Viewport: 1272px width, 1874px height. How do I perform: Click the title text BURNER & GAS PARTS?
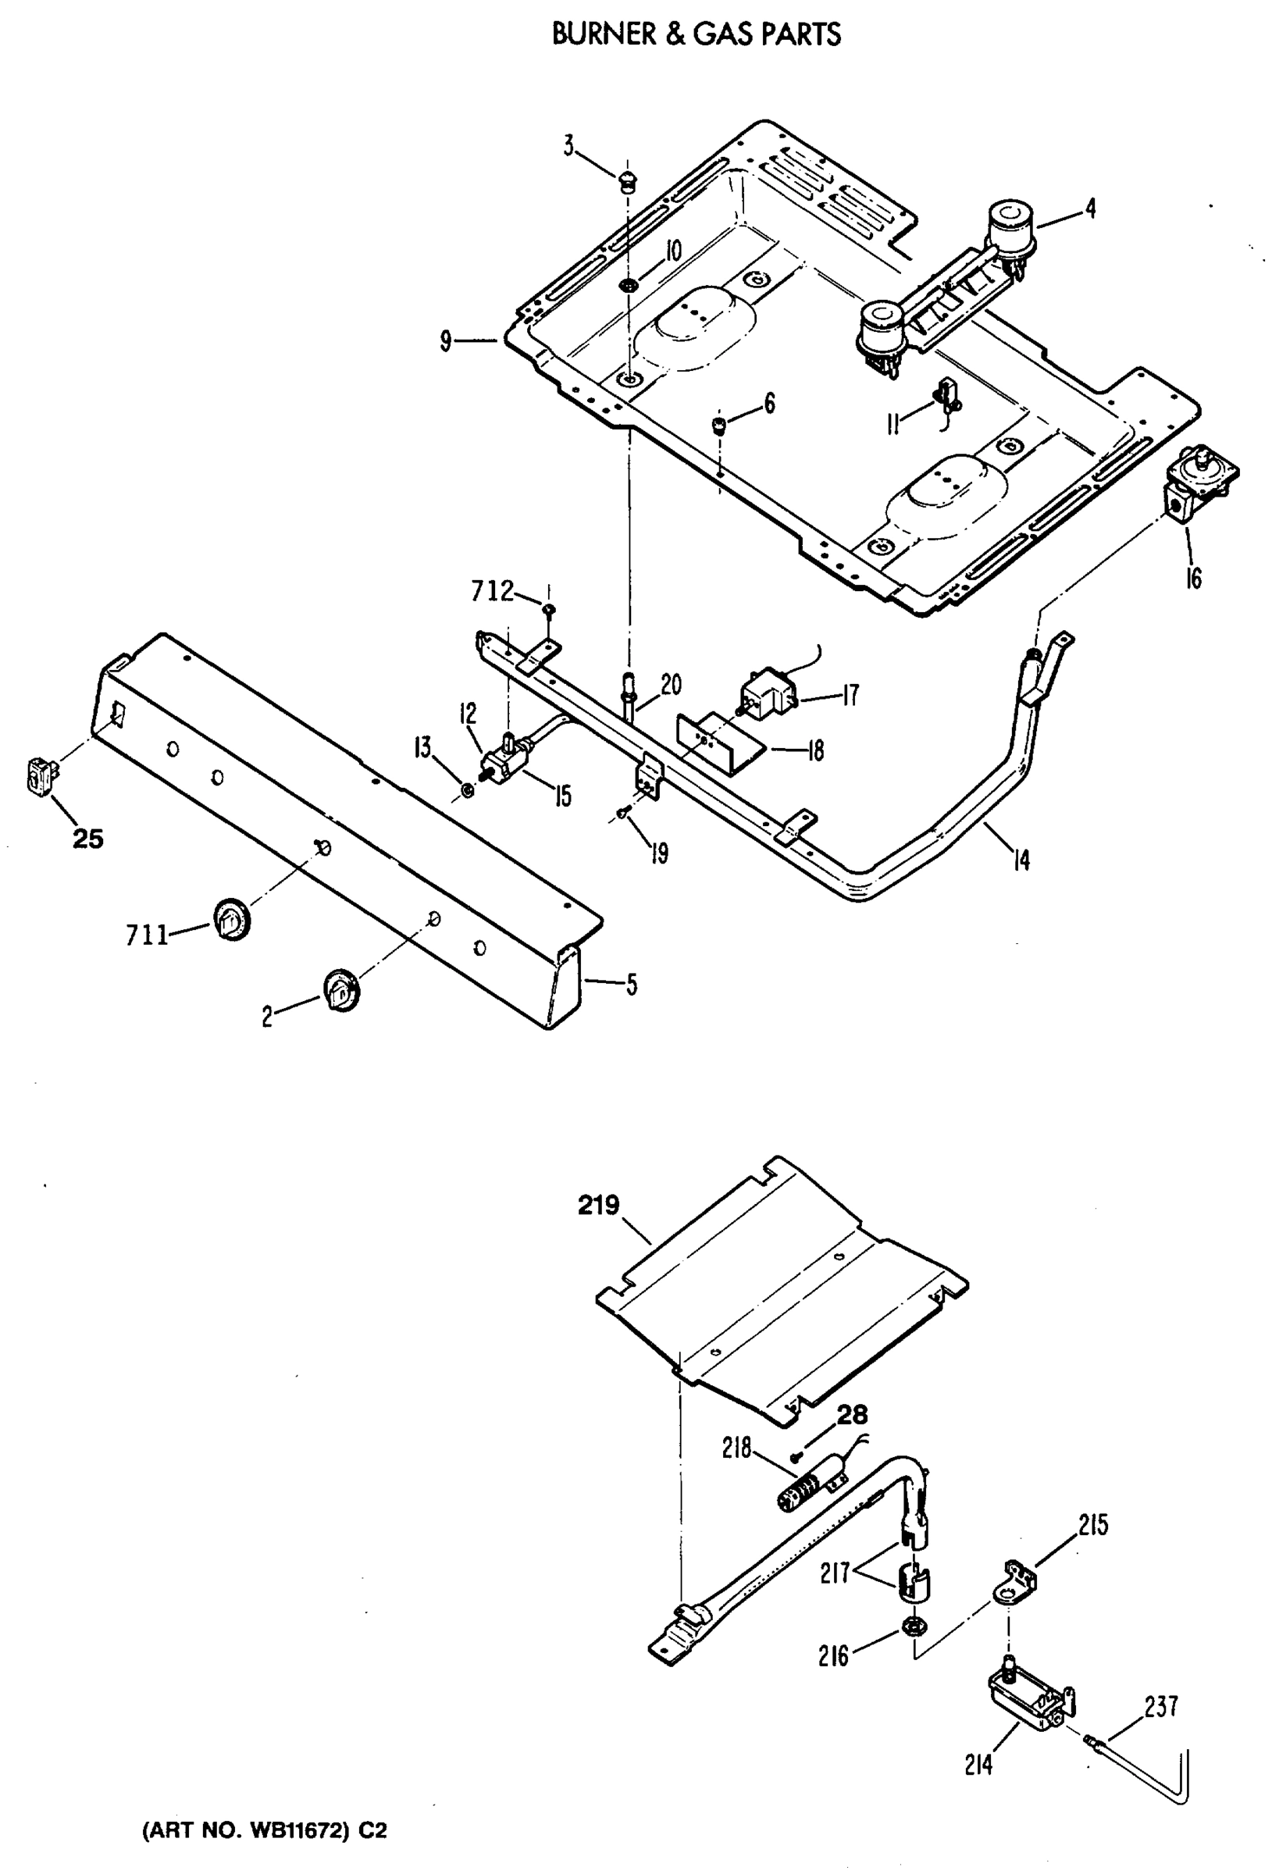tap(696, 34)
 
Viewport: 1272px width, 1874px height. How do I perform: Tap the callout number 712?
tap(492, 592)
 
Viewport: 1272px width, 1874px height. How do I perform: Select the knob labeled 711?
tap(231, 919)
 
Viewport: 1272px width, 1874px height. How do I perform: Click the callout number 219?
tap(598, 1206)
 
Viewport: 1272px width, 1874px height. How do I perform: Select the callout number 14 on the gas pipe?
tap(1021, 860)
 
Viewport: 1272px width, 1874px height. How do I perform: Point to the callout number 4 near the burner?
tap(1090, 208)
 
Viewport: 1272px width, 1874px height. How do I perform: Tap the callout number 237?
tap(1160, 1706)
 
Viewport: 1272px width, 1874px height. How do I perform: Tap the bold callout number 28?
tap(852, 1414)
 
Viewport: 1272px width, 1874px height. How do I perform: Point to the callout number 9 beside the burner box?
tap(445, 341)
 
